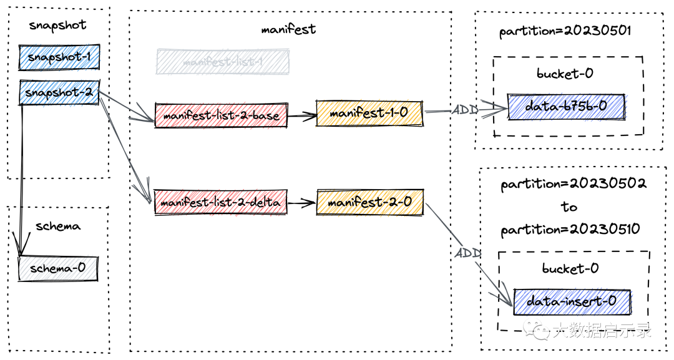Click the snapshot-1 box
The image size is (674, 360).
click(59, 57)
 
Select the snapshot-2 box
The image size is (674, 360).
click(59, 92)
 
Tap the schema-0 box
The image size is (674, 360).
click(57, 268)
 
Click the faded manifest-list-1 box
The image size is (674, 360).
click(223, 62)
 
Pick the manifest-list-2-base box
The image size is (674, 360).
click(221, 115)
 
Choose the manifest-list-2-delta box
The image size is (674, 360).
click(221, 202)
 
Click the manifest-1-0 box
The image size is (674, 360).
click(369, 114)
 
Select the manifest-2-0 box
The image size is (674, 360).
click(369, 202)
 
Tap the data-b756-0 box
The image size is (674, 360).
click(566, 107)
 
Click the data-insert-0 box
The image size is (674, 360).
click(572, 301)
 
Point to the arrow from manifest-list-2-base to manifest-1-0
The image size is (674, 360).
click(301, 115)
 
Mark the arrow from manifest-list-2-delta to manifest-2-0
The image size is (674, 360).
click(301, 202)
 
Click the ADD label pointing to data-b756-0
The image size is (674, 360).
click(465, 110)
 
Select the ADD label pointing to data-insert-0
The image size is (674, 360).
click(467, 253)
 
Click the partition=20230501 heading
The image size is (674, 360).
click(566, 31)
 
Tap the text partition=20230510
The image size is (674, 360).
click(570, 230)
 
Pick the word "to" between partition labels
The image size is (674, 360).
click(569, 207)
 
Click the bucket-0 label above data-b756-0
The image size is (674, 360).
click(565, 74)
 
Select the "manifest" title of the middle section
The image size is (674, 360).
click(288, 29)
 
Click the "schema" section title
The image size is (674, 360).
click(58, 226)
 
